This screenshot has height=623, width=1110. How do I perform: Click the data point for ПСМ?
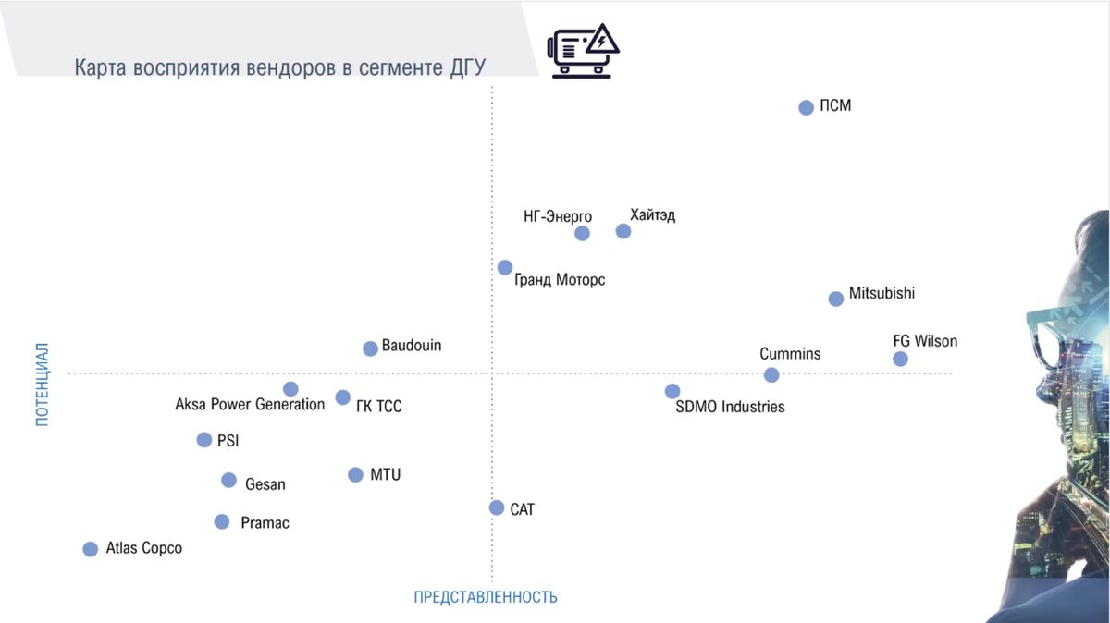pos(806,107)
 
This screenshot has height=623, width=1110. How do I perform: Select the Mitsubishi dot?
pos(835,299)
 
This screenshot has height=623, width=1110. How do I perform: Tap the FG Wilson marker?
pos(900,359)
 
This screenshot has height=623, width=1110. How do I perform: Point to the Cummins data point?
pos(771,374)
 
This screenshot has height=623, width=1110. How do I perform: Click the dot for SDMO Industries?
pos(672,391)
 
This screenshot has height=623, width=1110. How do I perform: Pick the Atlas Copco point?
pos(90,549)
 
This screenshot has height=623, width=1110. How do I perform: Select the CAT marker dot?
pos(497,507)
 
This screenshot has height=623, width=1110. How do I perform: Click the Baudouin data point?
pos(370,348)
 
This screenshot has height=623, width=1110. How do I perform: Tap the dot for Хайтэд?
pos(623,231)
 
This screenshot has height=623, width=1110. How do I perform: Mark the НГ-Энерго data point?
pos(582,233)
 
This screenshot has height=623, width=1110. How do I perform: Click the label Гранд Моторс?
pos(560,279)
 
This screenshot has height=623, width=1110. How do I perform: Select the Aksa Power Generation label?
pos(250,404)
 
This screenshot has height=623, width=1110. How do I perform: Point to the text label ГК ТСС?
pos(378,407)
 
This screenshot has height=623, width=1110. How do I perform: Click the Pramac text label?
pos(265,523)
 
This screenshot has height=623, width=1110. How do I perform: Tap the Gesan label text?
pos(265,484)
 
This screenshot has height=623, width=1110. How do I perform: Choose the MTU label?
pos(386,474)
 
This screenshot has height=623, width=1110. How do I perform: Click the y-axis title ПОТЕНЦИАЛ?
pos(42,385)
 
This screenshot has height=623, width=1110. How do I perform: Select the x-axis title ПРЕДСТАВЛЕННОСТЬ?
pos(486,597)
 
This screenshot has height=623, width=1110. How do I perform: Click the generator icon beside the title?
pos(584,51)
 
